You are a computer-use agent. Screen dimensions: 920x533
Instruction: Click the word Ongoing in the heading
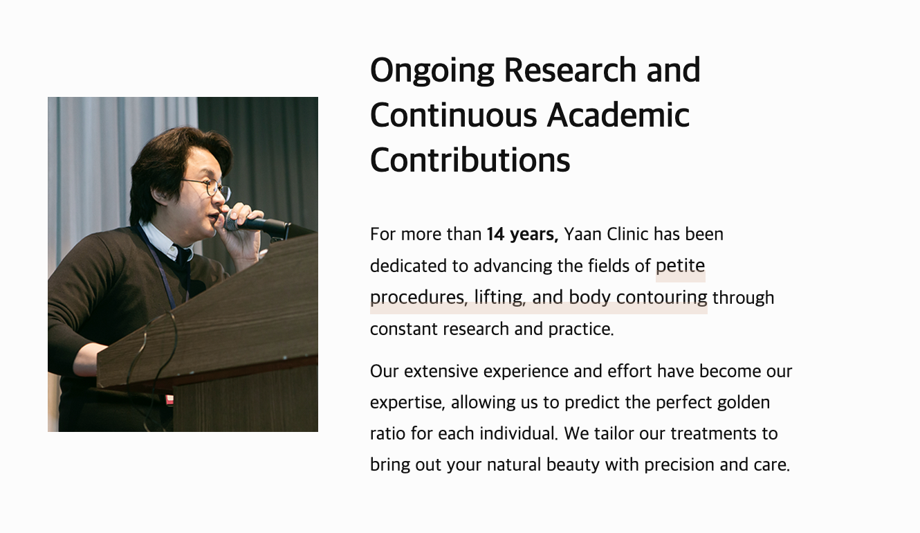[x=432, y=71]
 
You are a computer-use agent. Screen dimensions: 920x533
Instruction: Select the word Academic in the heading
[x=618, y=115]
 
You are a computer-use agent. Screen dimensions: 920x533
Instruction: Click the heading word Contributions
[x=470, y=160]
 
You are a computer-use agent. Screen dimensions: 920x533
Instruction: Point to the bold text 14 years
[x=522, y=235]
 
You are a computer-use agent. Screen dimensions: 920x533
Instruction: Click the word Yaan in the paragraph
[x=582, y=234]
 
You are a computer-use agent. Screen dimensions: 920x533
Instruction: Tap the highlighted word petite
[x=680, y=266]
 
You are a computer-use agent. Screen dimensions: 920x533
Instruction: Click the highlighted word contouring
[x=662, y=298]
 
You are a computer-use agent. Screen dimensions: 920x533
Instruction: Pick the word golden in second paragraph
[x=744, y=402]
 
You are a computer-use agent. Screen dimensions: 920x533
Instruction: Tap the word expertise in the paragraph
[x=407, y=403]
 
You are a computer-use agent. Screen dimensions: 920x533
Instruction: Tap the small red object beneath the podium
[x=169, y=399]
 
